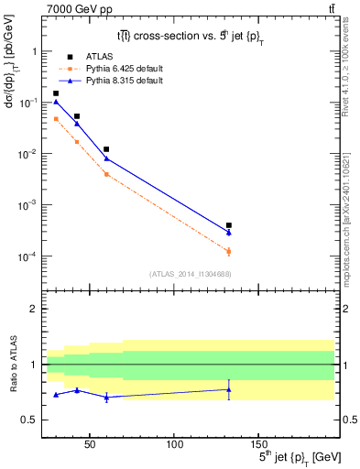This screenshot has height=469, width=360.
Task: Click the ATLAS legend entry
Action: click(x=98, y=57)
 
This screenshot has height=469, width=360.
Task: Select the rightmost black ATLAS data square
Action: click(x=229, y=225)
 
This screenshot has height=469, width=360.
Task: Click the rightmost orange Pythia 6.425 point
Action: click(x=229, y=251)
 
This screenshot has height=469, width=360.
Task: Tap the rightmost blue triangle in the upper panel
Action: click(x=229, y=232)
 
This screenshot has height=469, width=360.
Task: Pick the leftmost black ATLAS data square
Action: click(x=56, y=93)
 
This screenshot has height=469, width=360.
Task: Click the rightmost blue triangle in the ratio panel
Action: click(x=229, y=389)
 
